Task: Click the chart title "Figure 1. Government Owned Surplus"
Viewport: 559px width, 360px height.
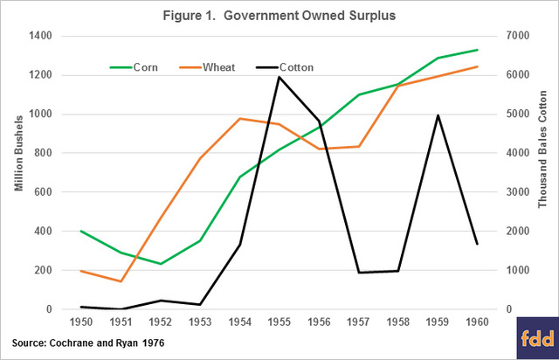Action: point(279,14)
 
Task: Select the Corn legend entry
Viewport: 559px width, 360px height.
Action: point(132,66)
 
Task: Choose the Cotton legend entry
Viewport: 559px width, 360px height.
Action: point(283,66)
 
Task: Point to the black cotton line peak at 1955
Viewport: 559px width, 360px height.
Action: point(279,77)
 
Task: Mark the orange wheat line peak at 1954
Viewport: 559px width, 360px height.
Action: point(240,118)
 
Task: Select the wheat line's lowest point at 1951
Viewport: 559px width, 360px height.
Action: point(121,281)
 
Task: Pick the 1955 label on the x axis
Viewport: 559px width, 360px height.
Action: point(279,324)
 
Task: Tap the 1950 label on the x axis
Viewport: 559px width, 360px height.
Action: point(83,324)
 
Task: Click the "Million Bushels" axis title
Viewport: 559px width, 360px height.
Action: point(14,172)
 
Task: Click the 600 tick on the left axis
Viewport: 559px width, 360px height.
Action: point(44,192)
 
